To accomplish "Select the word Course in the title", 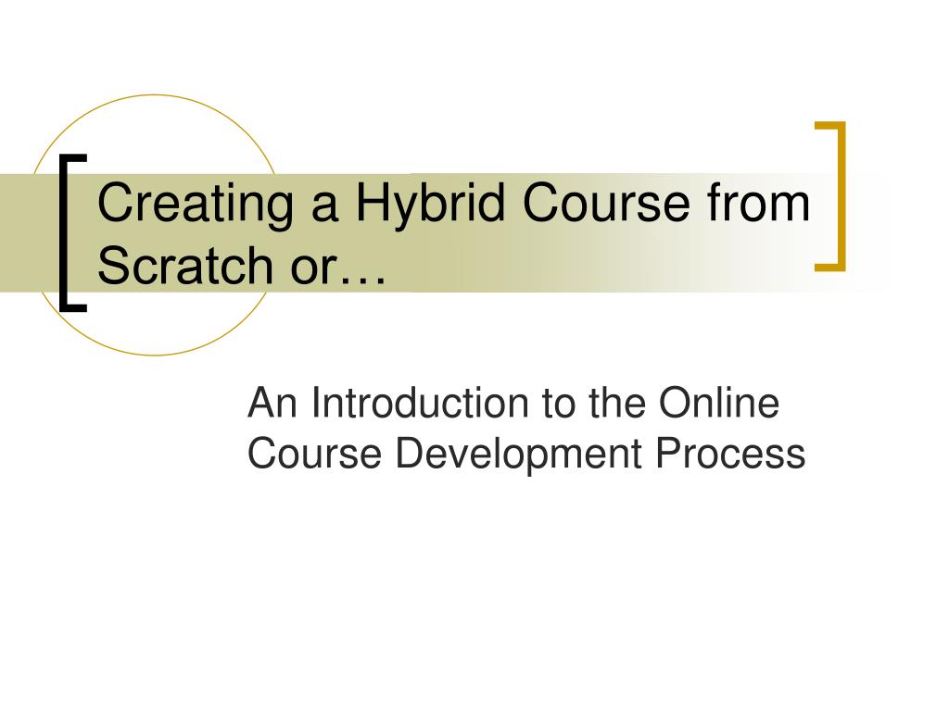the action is click(x=606, y=203).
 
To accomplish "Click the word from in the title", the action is click(x=758, y=202).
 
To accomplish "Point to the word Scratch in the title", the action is click(x=185, y=265).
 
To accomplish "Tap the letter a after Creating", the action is click(x=324, y=208).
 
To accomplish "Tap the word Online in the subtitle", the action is click(x=719, y=403).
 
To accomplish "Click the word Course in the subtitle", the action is click(x=315, y=454).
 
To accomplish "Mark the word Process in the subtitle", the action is click(x=731, y=454).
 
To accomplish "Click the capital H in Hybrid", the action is click(x=373, y=203).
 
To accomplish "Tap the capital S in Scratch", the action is click(x=116, y=265).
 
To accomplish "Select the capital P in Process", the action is click(x=670, y=454).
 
